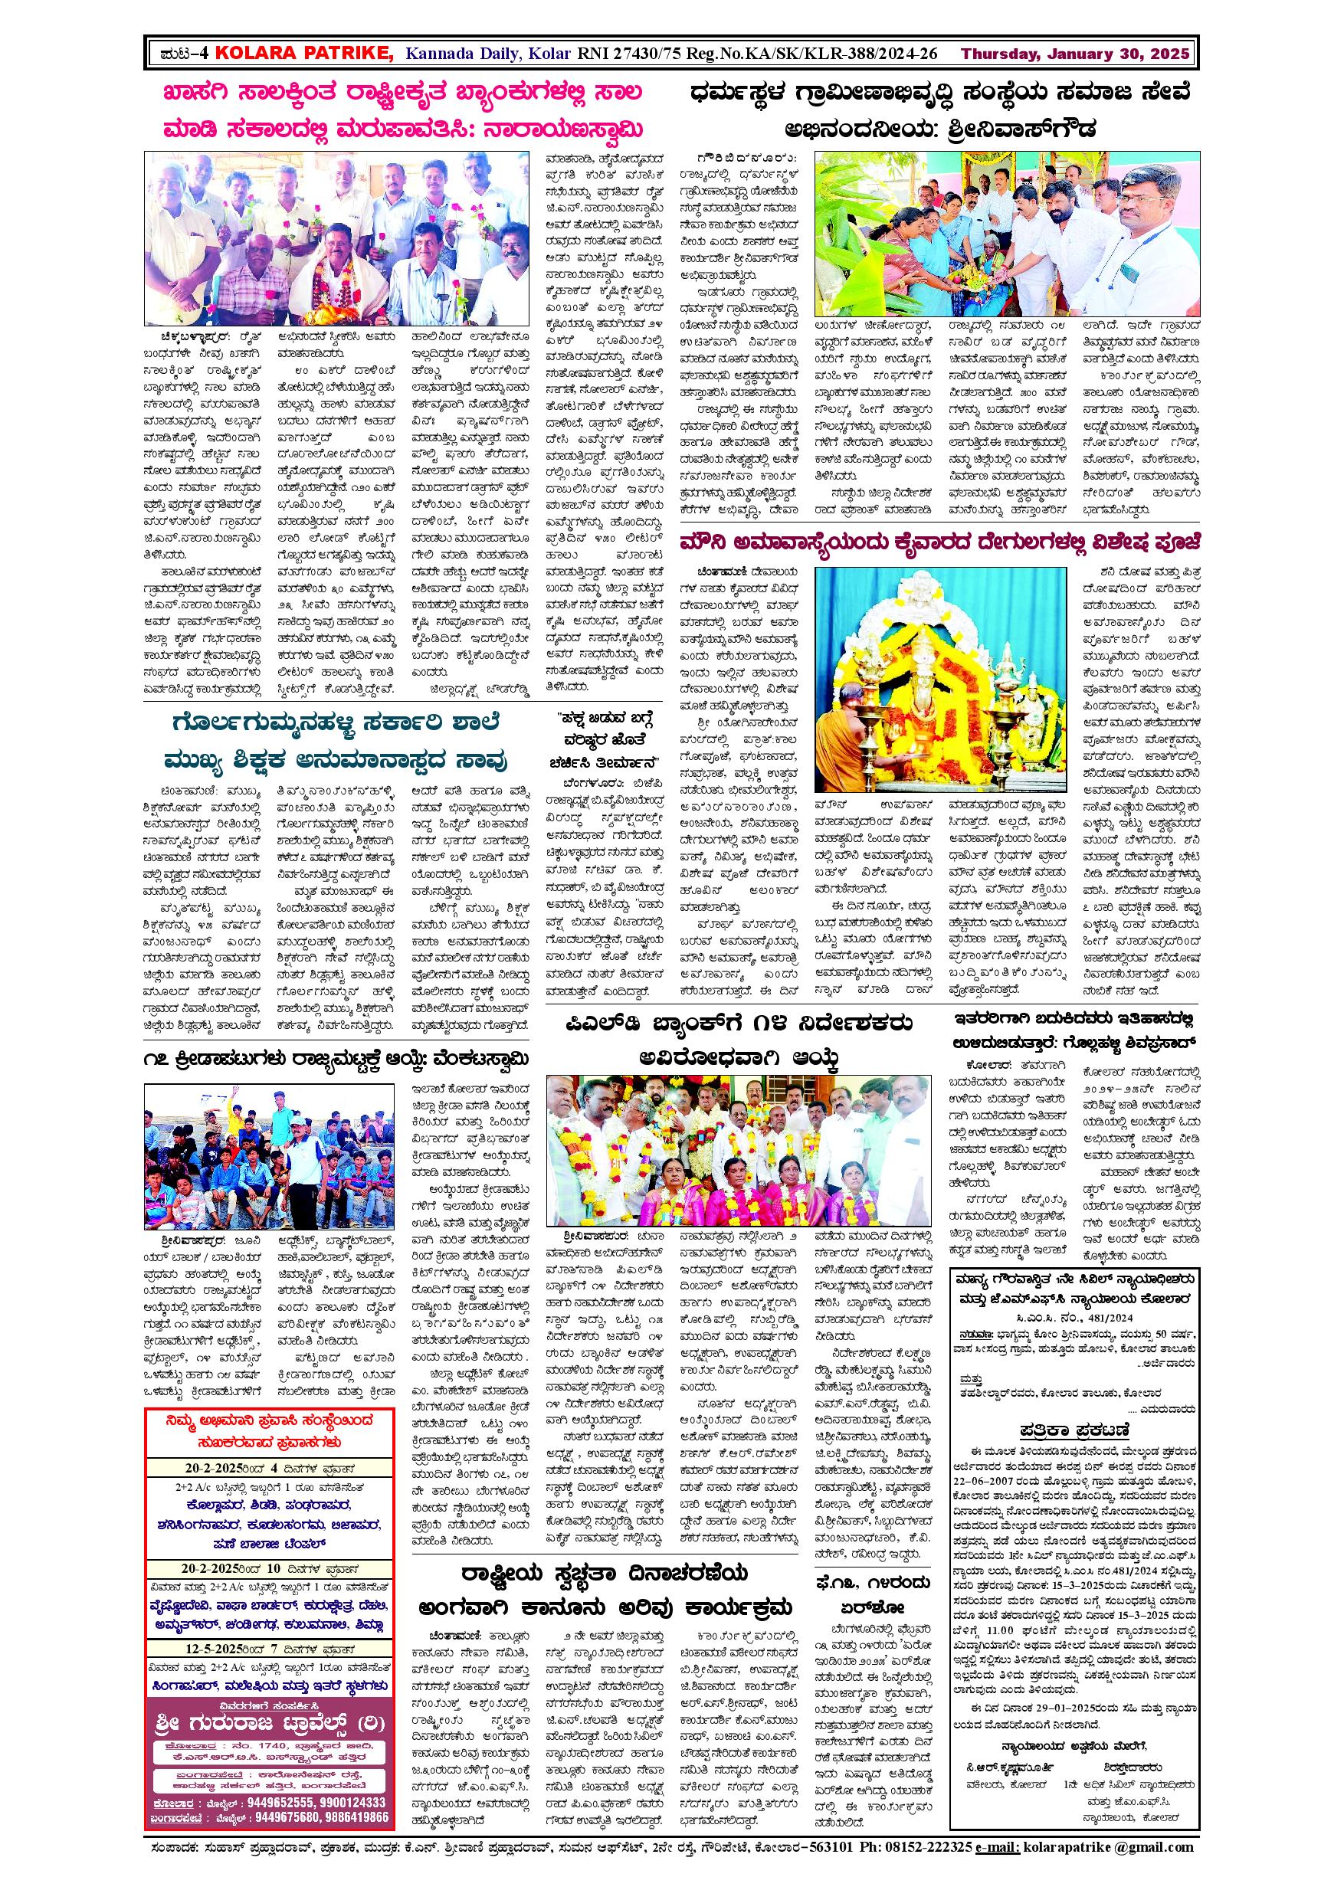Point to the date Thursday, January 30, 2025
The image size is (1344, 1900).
tap(1075, 54)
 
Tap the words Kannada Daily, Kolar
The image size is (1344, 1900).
tap(487, 54)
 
